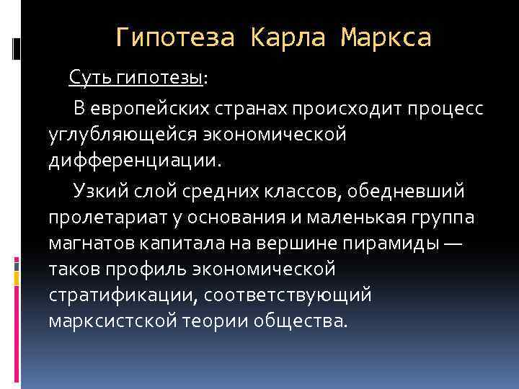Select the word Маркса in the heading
386,37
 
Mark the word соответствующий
298,295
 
